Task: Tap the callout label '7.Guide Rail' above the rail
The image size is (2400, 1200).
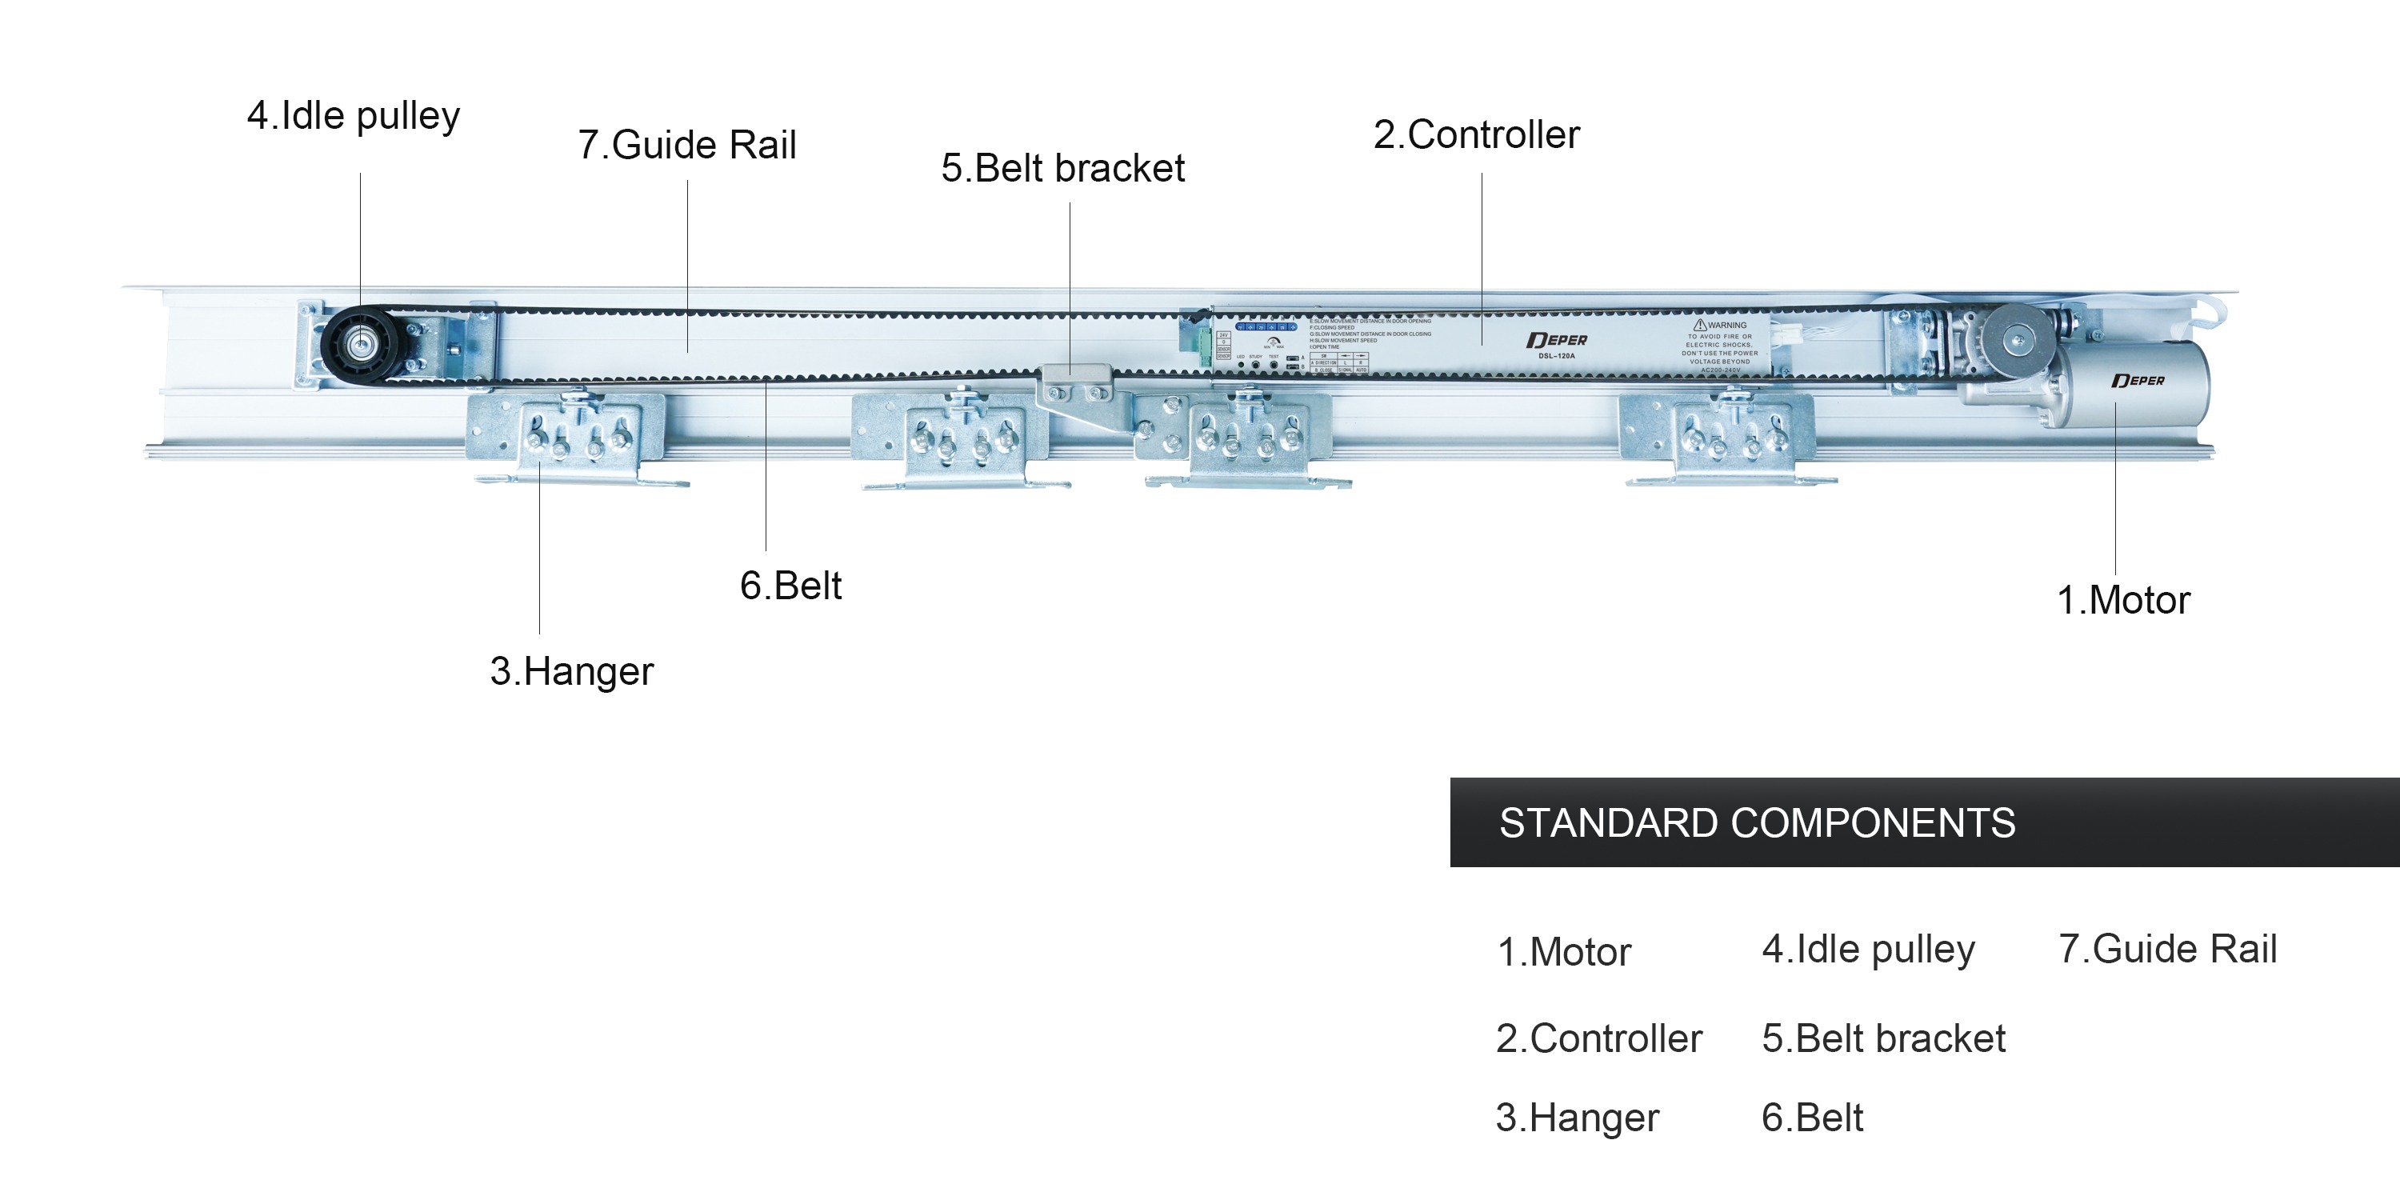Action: point(686,146)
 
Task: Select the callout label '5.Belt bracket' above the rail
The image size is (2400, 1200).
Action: point(1062,169)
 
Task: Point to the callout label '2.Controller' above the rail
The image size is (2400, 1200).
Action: point(1477,135)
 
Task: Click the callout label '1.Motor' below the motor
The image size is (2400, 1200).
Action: point(2122,600)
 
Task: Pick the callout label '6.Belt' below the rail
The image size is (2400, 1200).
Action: point(790,586)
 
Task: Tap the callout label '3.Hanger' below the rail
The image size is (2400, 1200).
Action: point(571,672)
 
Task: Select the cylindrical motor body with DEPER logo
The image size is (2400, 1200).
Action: point(2134,384)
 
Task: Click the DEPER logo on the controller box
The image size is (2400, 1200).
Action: point(1557,341)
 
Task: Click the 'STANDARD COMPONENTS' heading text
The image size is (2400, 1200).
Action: point(1756,824)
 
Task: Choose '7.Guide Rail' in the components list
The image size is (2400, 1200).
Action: point(2167,950)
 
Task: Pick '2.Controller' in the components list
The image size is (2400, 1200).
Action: point(1598,1039)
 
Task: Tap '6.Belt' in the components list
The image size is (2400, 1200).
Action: point(1812,1118)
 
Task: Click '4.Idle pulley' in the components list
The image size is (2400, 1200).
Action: point(1868,950)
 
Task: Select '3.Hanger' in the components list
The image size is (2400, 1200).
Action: point(1578,1118)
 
